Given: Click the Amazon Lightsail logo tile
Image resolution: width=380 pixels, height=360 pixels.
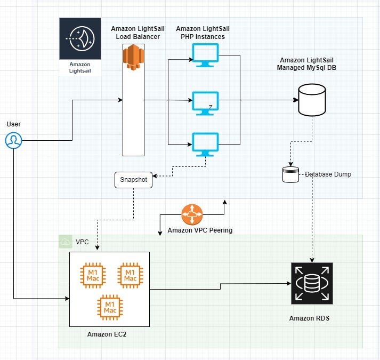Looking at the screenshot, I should pos(79,47).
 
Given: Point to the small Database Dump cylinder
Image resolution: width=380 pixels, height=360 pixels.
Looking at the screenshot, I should pos(290,175).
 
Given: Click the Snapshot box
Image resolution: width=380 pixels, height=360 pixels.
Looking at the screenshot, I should pos(133,180).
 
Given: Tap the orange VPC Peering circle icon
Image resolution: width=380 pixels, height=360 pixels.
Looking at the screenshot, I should pos(191,214).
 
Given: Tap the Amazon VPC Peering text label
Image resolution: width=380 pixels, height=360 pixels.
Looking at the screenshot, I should pos(200,230).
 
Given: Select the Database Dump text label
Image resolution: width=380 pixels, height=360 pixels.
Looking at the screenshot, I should pos(328,174).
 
